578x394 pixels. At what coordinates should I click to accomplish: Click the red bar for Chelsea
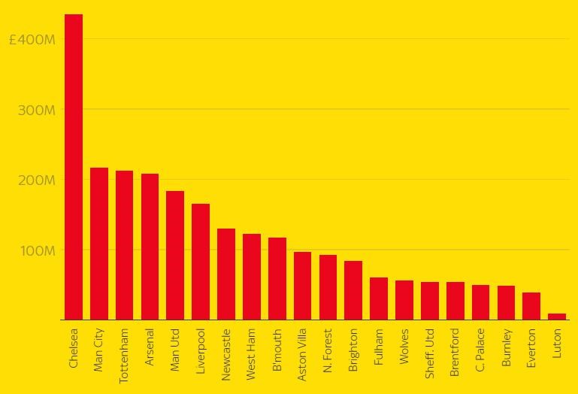74,167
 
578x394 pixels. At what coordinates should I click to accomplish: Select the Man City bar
99,244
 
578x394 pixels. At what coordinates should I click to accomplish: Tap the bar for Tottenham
124,245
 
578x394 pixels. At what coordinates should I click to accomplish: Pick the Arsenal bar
150,247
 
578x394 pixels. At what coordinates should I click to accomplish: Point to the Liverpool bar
201,262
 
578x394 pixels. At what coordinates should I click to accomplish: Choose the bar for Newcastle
226,274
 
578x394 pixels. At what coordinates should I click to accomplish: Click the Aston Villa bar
302,286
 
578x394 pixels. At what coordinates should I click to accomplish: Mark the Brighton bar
353,290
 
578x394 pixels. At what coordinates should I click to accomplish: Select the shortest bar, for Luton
556,317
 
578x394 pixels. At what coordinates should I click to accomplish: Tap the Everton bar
531,306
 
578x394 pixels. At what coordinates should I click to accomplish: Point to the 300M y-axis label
36,110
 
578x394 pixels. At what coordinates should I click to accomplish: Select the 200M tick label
36,180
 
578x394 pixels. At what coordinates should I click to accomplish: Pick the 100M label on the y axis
36,250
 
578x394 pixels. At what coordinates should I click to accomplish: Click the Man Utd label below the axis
175,350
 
